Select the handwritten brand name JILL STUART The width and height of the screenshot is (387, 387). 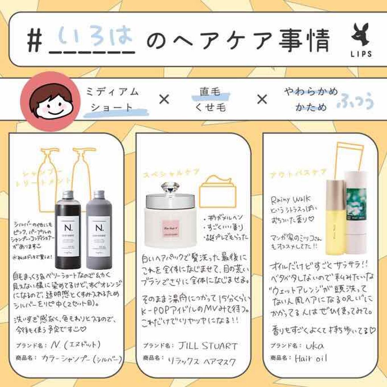coord(208,346)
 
